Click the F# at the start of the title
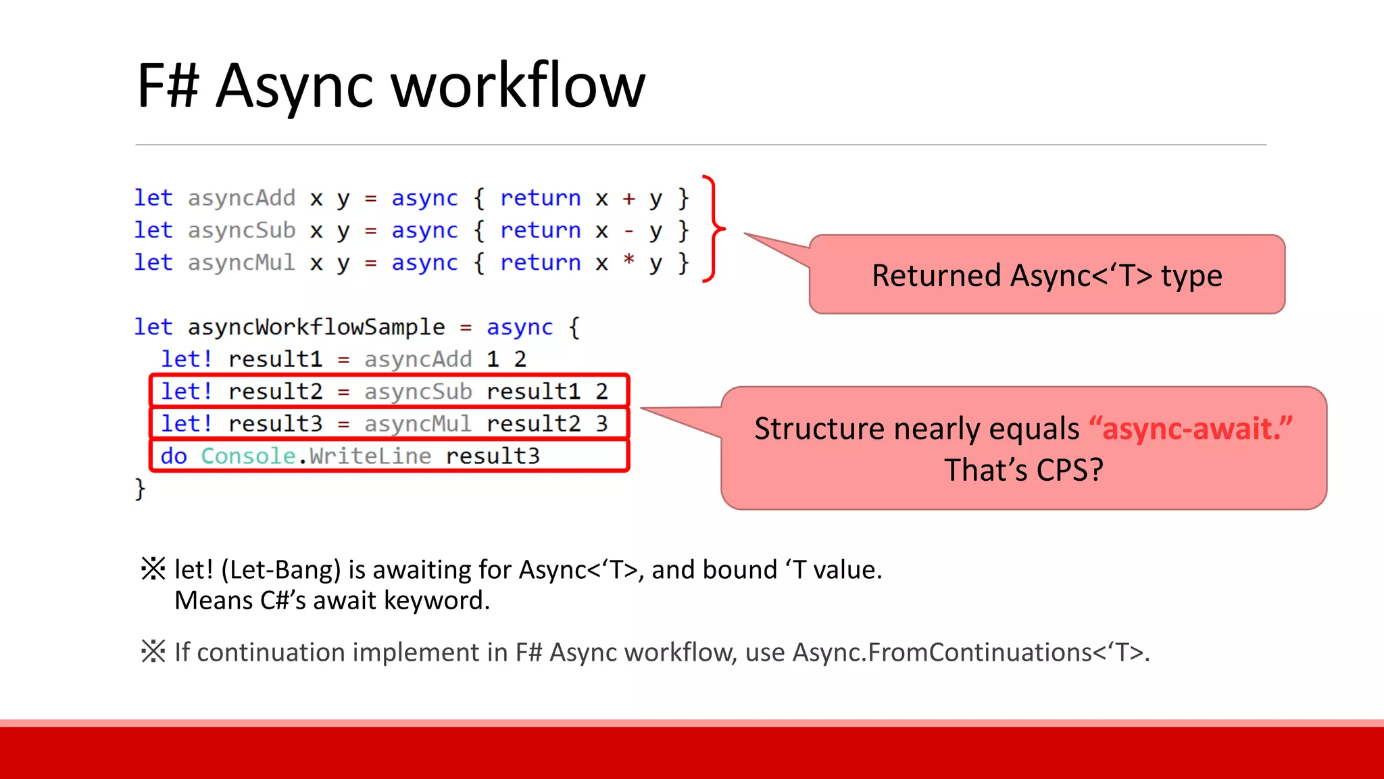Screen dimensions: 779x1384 click(168, 87)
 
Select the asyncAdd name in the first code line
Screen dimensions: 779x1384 click(241, 198)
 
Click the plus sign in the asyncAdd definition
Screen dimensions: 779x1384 click(628, 198)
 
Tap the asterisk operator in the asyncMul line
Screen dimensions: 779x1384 click(628, 260)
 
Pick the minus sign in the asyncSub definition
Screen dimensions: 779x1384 click(628, 231)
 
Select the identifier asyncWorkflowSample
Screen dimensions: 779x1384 click(316, 327)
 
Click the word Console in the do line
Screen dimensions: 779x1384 click(247, 456)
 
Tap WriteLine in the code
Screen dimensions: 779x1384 click(370, 456)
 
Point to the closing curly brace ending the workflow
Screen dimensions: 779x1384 click(140, 488)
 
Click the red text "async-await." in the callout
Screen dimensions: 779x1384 click(1191, 429)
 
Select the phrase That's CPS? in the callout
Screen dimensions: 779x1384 click(1023, 470)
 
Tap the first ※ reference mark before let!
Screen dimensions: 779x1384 click(153, 569)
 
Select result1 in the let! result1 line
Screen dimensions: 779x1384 click(275, 360)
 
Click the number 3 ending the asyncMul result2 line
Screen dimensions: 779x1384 click(601, 424)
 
